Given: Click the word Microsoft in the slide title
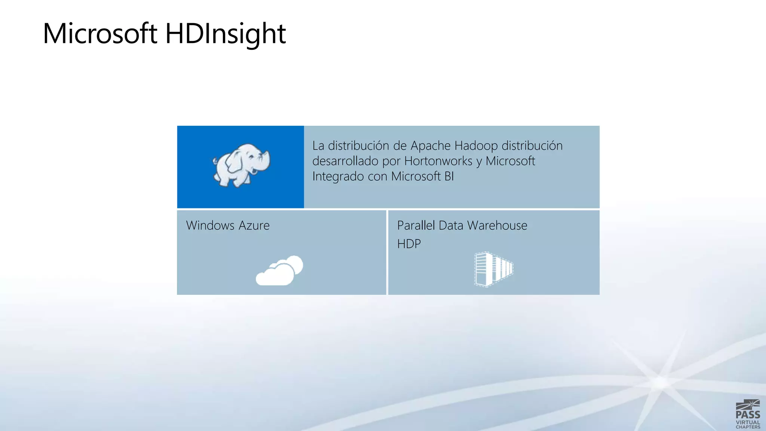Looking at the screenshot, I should coord(100,34).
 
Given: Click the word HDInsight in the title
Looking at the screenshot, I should coord(226,34).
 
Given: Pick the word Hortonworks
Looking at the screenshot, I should coord(438,161).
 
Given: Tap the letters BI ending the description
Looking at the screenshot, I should coord(449,176).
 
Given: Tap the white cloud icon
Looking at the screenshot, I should coord(279,270).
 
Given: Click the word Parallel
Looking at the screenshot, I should coord(416,225).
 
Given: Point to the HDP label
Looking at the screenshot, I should coord(409,244).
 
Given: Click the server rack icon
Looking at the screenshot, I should coord(494,269).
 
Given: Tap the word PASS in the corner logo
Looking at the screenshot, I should coord(748,415).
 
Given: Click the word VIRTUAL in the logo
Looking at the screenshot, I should coord(748,422).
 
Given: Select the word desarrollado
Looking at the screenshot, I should coord(345,161).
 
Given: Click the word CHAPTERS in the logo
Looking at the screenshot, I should coord(748,427).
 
